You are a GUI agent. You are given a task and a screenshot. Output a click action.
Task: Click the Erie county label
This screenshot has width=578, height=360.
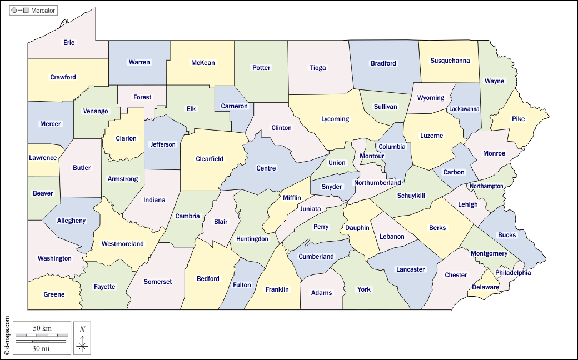69,43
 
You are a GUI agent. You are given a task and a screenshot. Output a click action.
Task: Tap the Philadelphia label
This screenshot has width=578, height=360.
513,273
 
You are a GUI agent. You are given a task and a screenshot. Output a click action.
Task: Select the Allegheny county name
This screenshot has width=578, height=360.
71,221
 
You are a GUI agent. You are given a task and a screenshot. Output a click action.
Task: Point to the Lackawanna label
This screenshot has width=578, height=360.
464,109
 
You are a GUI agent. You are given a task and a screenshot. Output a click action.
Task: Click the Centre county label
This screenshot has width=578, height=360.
266,168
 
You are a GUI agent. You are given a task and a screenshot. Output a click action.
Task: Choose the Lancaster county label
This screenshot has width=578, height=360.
410,269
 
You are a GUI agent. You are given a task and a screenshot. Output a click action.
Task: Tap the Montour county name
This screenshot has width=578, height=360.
372,156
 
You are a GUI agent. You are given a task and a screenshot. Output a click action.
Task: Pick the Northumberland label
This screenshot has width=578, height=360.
377,183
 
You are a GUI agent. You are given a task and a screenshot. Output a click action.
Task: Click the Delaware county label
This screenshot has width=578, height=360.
485,287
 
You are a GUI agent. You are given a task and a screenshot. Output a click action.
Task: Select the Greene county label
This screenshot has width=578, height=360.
54,294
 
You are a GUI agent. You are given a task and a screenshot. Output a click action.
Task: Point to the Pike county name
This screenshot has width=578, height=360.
518,119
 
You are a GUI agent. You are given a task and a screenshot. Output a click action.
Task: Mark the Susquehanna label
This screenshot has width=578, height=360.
450,61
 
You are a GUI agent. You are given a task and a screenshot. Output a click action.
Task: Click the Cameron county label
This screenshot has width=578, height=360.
234,106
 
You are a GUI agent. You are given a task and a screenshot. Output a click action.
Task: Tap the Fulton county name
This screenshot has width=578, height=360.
242,285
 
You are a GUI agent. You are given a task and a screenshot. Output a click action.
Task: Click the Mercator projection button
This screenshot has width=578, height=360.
33,10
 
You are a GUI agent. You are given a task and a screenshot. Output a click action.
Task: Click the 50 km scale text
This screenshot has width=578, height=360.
42,328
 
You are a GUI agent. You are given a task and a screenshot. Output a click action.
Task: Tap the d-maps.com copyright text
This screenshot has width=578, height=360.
7,336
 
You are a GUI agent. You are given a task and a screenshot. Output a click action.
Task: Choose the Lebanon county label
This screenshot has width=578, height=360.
392,237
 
